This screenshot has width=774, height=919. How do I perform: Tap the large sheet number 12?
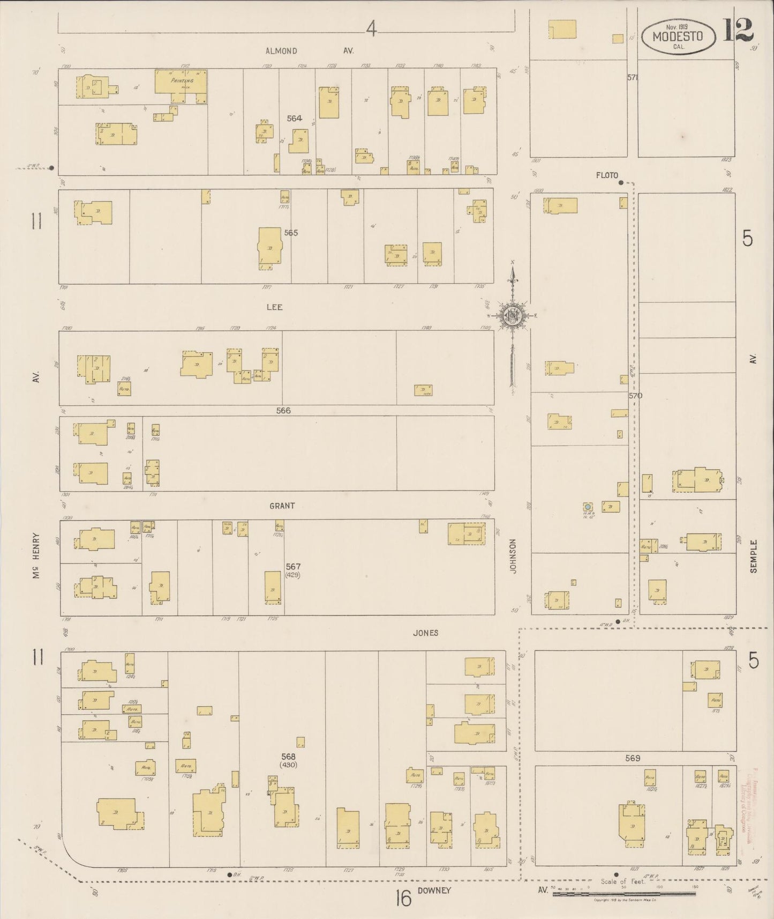[738, 30]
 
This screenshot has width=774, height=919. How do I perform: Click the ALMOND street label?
[281, 51]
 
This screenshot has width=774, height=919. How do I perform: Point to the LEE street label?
[274, 307]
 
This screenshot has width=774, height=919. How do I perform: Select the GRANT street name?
[282, 506]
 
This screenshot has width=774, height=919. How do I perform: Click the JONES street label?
[426, 633]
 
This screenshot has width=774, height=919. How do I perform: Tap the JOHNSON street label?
[513, 557]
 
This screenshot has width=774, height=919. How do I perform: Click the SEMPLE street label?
[753, 557]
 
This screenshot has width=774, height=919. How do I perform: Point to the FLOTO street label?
[606, 175]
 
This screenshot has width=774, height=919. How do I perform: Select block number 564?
[294, 118]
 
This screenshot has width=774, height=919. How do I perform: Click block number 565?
[291, 233]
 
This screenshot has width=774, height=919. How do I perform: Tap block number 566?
[283, 411]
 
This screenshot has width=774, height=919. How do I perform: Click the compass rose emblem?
[512, 315]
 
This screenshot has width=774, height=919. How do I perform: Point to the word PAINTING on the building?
[181, 80]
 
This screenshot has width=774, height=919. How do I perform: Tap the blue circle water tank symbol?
[588, 506]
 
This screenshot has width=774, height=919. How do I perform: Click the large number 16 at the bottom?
[403, 897]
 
